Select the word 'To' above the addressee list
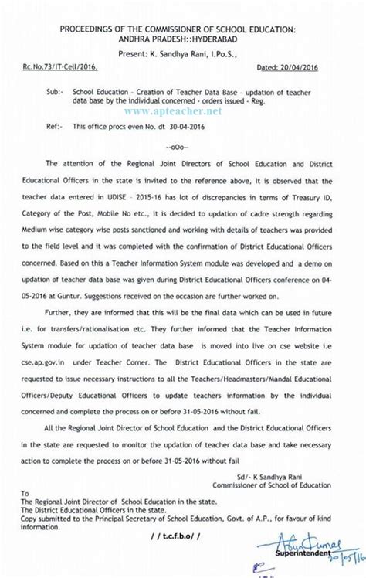click(25, 491)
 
